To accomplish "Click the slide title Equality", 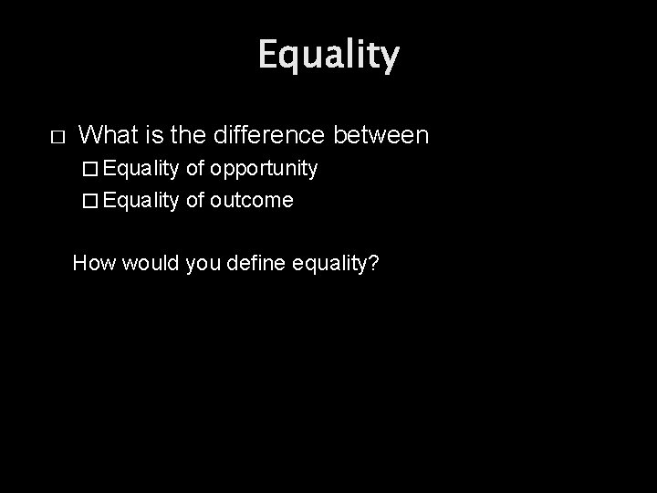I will pyautogui.click(x=328, y=57).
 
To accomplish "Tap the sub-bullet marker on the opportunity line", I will pyautogui.click(x=89, y=169).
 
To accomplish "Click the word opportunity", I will pyautogui.click(x=264, y=169).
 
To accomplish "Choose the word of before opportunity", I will pyautogui.click(x=194, y=169).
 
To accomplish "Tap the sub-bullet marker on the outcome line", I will pyautogui.click(x=89, y=200).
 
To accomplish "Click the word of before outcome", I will pyautogui.click(x=194, y=200).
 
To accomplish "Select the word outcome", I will pyautogui.click(x=252, y=200).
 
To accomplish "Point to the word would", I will pyautogui.click(x=141, y=264).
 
